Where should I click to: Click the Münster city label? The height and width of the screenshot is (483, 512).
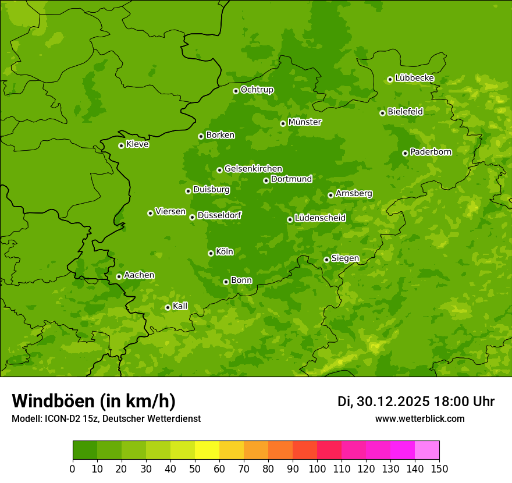[x=305, y=122]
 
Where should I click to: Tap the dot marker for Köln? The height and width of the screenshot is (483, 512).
[x=211, y=253]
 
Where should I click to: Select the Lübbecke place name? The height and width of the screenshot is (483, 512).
[x=414, y=78]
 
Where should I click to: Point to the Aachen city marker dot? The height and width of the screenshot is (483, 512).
[x=119, y=276]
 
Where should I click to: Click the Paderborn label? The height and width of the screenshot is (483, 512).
[x=431, y=152]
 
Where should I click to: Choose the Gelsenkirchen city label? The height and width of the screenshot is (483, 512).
[x=253, y=169]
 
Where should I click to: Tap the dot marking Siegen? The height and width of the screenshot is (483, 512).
[x=326, y=260]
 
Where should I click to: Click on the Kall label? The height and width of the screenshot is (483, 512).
[x=180, y=306]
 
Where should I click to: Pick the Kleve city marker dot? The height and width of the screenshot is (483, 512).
[x=121, y=145]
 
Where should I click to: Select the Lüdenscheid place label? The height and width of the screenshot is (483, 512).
[x=320, y=218]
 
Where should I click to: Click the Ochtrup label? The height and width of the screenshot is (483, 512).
[x=257, y=90]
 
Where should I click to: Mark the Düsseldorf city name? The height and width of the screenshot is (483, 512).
[x=219, y=215]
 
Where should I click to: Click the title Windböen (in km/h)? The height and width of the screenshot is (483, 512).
[x=94, y=401]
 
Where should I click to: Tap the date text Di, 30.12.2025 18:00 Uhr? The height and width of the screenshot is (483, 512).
[x=416, y=402]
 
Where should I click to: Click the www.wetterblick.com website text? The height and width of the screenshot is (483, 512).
[x=420, y=418]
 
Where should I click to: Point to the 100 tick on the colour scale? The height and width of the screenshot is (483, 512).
[x=317, y=468]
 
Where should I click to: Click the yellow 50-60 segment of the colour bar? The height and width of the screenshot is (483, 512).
[x=207, y=450]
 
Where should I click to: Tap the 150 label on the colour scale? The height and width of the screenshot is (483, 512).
[x=439, y=468]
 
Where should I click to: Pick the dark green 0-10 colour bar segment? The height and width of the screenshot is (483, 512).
[x=85, y=450]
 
